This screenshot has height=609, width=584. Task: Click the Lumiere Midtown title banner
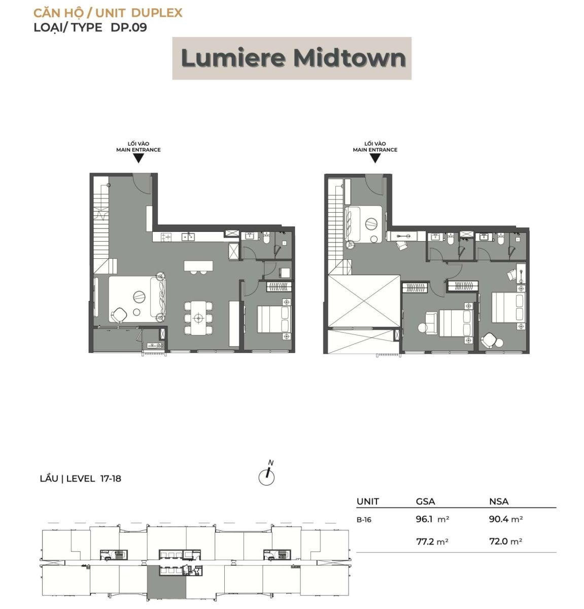(292, 58)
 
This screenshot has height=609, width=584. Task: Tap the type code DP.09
(128, 27)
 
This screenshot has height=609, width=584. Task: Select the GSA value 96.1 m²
(432, 519)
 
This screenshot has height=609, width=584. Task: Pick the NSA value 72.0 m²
(505, 541)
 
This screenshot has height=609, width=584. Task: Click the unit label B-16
(364, 520)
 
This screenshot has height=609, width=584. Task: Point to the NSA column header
(499, 501)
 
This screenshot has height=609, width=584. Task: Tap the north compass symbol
(267, 475)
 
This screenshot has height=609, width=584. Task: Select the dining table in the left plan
(198, 318)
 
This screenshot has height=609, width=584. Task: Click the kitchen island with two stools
(198, 266)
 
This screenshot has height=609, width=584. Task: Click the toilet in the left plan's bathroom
(266, 239)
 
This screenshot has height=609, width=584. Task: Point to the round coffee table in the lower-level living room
(139, 297)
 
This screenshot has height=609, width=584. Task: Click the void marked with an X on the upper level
(364, 301)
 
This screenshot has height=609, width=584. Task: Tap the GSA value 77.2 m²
(432, 542)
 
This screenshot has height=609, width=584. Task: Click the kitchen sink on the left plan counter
(188, 237)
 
